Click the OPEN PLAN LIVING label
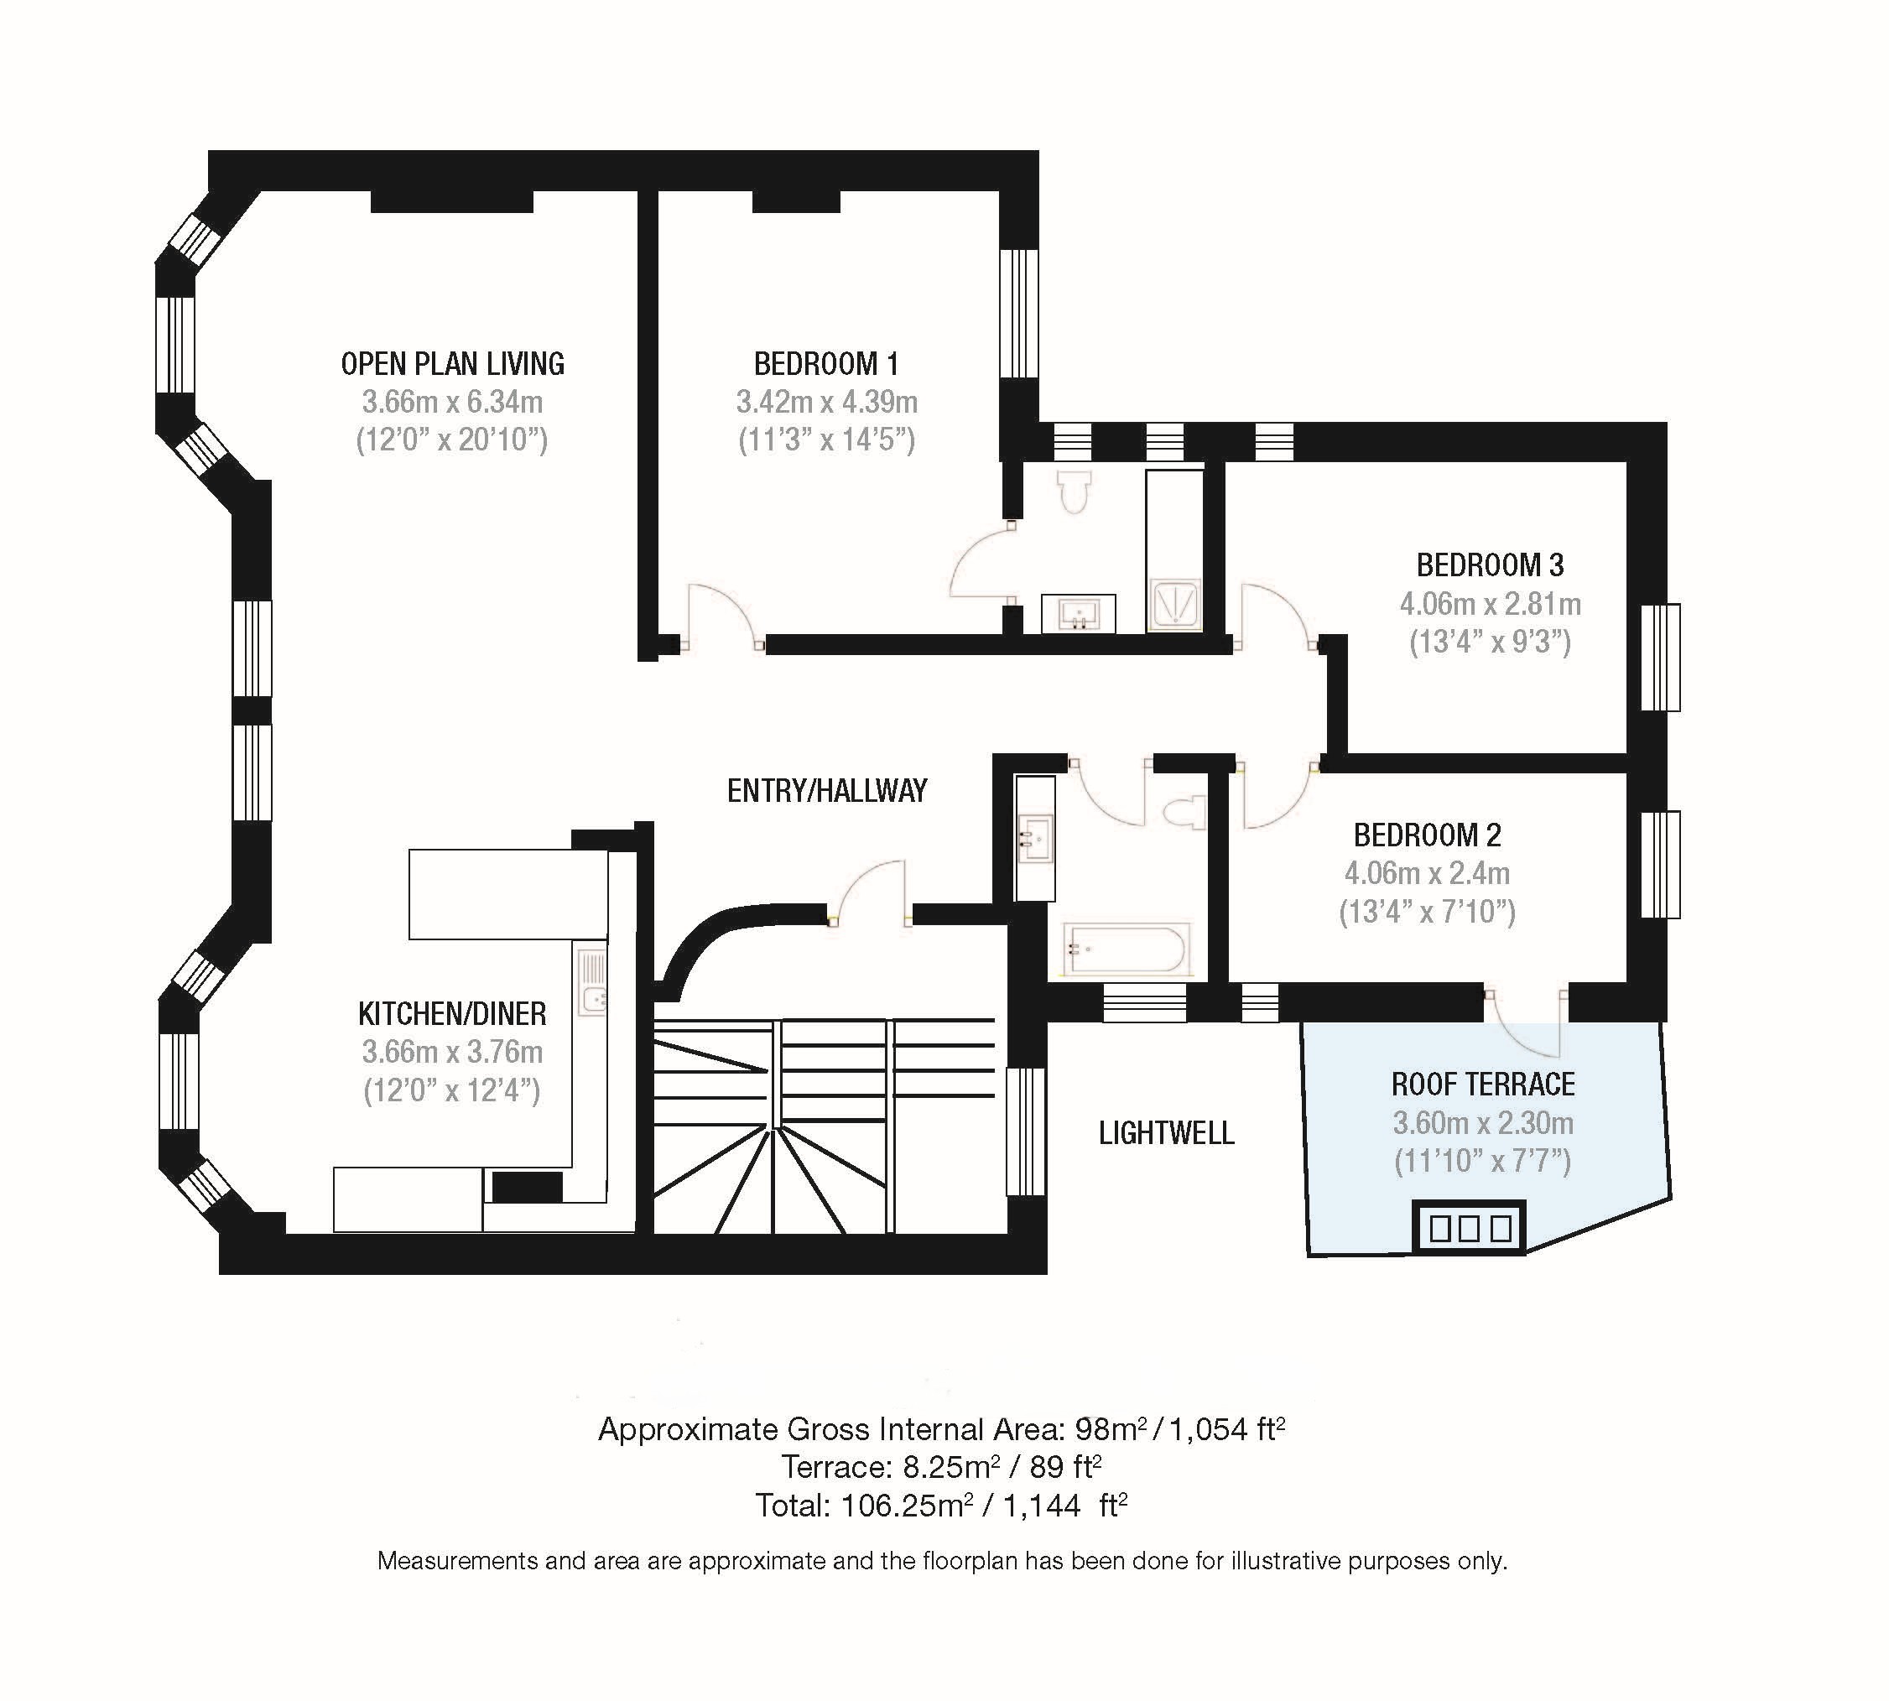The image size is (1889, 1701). (452, 363)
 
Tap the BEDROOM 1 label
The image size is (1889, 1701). (826, 363)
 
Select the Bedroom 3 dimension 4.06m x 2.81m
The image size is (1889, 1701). (1490, 604)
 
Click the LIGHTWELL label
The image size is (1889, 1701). (1166, 1133)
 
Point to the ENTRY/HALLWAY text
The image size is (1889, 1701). (827, 791)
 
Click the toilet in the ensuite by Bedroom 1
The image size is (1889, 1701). (1075, 492)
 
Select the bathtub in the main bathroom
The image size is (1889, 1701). (1127, 949)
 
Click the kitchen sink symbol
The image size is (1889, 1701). (591, 981)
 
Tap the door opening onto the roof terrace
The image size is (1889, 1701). (1526, 1022)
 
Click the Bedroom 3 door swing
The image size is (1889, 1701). (1276, 612)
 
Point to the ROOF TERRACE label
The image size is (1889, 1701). (1482, 1085)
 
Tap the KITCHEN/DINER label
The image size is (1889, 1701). (452, 1013)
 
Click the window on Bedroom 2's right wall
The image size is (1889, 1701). (1660, 865)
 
